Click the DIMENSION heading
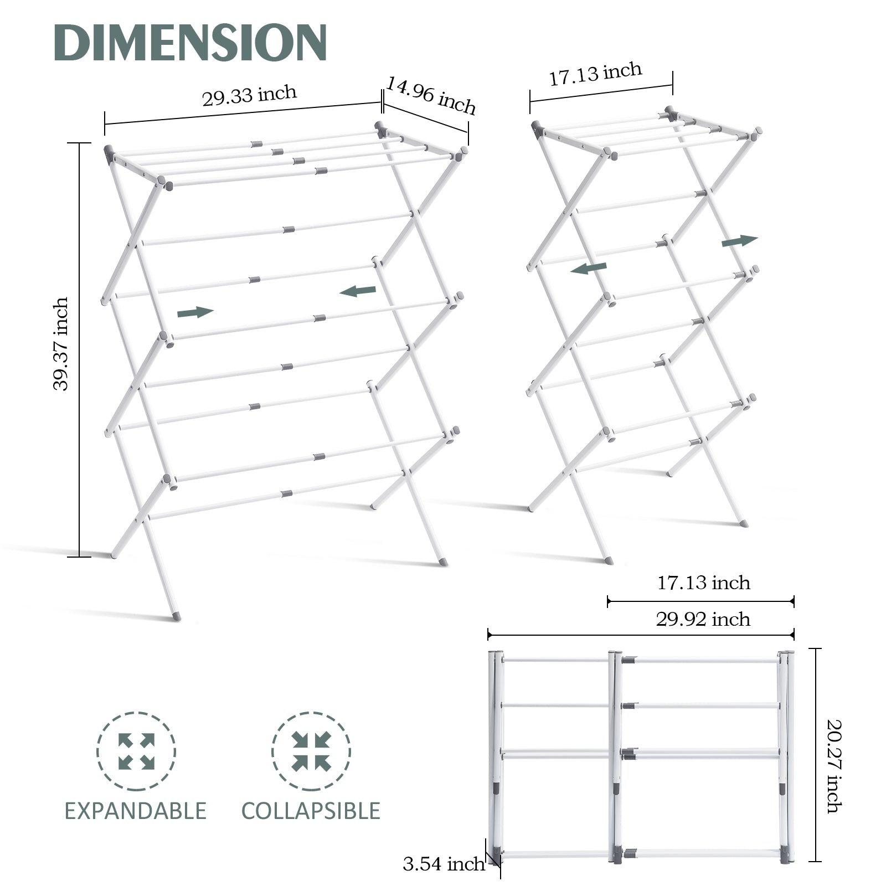(190, 43)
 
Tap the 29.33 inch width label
(249, 95)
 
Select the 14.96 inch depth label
(431, 95)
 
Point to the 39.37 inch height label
(61, 344)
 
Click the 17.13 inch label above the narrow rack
(595, 74)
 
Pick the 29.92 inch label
(703, 619)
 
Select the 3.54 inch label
(444, 864)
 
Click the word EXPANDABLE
(136, 811)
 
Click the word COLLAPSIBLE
(311, 811)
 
